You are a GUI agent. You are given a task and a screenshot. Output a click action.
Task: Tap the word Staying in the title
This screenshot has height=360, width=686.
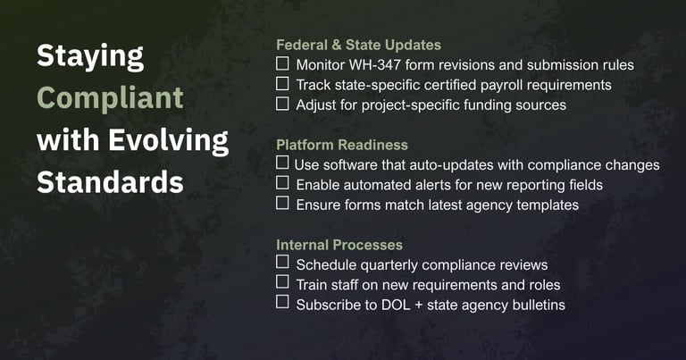[89, 56]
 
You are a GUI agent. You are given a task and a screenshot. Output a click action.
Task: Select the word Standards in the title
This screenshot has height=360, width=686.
[110, 182]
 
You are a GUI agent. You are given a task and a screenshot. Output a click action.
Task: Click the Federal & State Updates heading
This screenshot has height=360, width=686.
[358, 45]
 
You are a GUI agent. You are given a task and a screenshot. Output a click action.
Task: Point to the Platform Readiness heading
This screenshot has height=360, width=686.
[342, 145]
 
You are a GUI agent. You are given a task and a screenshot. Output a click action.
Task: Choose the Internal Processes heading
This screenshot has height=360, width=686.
[339, 245]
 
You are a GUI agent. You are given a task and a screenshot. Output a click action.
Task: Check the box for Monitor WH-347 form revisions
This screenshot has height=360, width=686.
[282, 64]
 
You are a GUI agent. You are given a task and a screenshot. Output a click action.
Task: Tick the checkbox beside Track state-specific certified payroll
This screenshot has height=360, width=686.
[282, 84]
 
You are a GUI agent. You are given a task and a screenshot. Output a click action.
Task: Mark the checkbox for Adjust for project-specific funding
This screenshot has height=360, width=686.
[282, 104]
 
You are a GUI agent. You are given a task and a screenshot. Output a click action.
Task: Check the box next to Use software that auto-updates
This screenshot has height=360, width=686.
[282, 163]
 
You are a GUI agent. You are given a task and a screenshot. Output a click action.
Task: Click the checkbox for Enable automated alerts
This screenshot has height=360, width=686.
[282, 184]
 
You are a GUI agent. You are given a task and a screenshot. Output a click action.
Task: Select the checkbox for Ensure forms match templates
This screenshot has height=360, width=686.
[282, 204]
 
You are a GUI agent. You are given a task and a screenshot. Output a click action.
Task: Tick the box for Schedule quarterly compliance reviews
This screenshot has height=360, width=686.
[282, 264]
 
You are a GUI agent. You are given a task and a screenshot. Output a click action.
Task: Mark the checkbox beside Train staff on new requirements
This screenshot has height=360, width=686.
[282, 283]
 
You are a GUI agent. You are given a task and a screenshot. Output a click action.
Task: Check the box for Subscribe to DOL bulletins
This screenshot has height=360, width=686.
[282, 304]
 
